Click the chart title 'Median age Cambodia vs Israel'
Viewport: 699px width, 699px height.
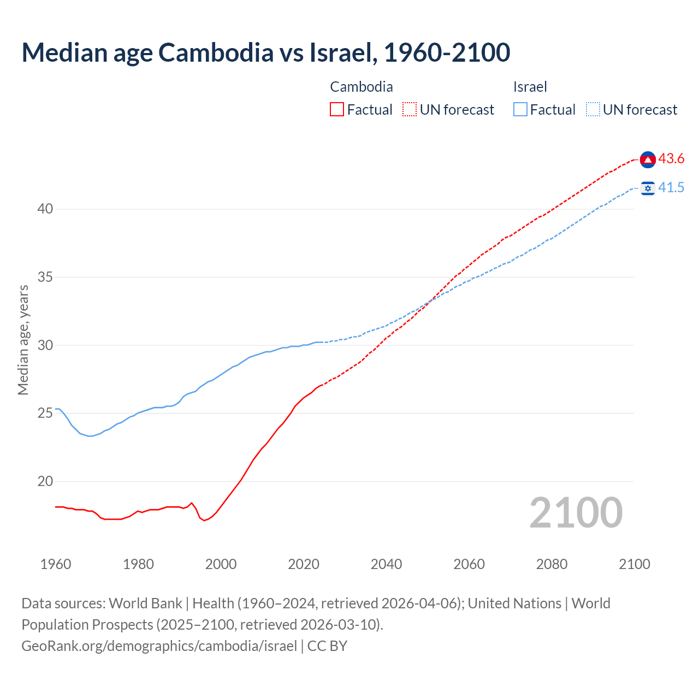(x=266, y=52)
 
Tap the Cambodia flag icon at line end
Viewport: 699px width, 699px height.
(x=648, y=159)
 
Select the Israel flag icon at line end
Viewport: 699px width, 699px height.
(x=648, y=188)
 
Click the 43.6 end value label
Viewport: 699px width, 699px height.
(x=671, y=159)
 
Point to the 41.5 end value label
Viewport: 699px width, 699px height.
(x=671, y=188)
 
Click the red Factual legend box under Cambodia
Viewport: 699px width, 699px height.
(x=337, y=110)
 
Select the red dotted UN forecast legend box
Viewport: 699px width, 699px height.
(x=410, y=110)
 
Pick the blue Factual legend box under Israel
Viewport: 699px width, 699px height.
(x=520, y=110)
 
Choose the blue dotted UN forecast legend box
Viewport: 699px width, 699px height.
(x=593, y=110)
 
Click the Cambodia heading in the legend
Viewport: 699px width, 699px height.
(x=362, y=87)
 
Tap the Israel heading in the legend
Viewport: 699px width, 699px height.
(x=530, y=87)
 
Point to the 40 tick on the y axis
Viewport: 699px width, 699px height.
(x=45, y=209)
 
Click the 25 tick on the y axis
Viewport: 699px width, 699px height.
(x=45, y=413)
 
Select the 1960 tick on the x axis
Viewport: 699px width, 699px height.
(x=56, y=564)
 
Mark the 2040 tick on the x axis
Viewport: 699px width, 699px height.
(x=386, y=564)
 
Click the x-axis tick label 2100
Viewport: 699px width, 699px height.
(x=634, y=564)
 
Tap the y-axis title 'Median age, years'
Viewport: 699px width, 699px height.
(x=23, y=340)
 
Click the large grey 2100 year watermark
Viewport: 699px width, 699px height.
(x=576, y=512)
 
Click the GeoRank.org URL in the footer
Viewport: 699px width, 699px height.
(x=159, y=646)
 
